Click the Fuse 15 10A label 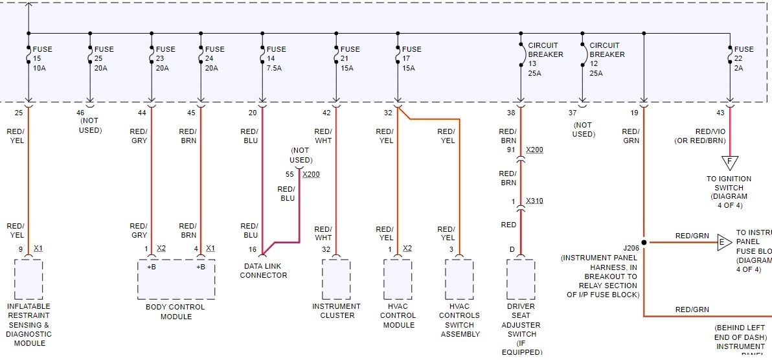tap(42, 59)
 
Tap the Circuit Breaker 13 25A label tap(545, 59)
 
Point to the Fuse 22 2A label tap(744, 59)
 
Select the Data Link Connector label tap(263, 271)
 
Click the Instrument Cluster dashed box tap(335, 279)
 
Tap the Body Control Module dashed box tap(176, 279)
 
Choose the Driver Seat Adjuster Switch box tap(521, 279)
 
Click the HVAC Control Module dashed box tap(397, 279)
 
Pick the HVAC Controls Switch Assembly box tap(460, 279)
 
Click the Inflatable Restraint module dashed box tap(28, 279)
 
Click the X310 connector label tap(534, 201)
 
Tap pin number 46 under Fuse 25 tap(81, 113)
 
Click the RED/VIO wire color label tap(705, 131)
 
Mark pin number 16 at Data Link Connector tap(253, 249)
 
